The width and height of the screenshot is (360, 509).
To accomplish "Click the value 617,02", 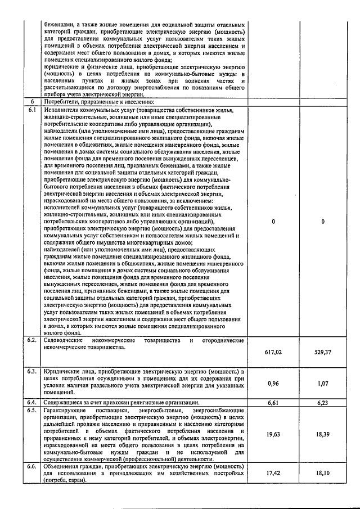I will click(273, 352).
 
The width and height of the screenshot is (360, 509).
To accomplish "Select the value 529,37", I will click(323, 352).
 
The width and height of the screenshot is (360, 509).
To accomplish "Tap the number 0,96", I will click(273, 384).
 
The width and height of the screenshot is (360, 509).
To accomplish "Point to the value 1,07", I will click(323, 384).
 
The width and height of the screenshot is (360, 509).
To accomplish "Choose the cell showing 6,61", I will click(273, 403).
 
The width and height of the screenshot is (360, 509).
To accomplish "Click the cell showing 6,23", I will click(323, 403).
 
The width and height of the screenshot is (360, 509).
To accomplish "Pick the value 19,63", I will click(273, 434).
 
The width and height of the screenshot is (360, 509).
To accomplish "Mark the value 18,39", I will click(323, 434).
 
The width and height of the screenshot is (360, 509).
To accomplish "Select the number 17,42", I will click(273, 473).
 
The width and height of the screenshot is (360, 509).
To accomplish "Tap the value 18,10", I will click(323, 473).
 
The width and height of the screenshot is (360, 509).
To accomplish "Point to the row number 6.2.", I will click(33, 341).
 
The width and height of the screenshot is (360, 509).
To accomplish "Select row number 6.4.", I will click(33, 403).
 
